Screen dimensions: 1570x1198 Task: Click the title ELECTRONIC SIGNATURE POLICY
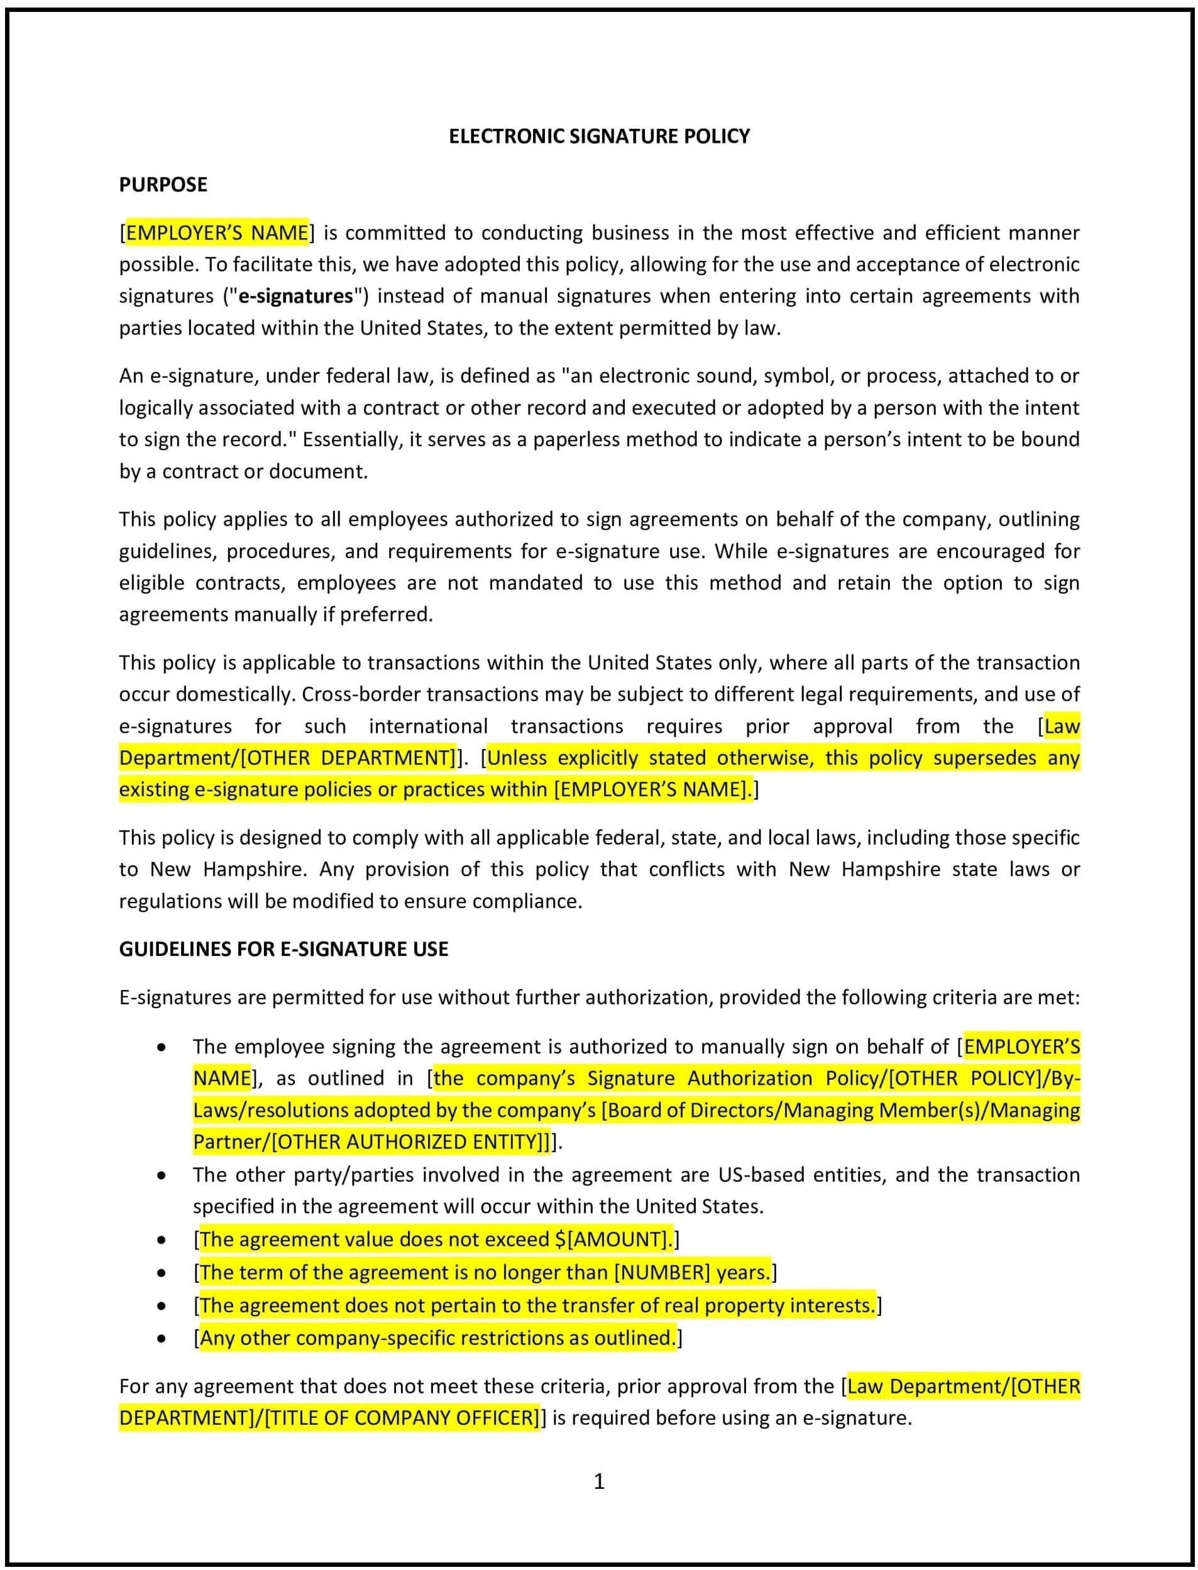[x=599, y=136]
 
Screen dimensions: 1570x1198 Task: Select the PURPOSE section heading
[x=163, y=185]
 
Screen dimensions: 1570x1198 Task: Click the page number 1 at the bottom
[x=599, y=1481]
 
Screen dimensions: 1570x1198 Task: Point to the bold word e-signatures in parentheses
[x=295, y=296]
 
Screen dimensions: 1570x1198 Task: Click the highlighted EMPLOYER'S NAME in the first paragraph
[x=217, y=233]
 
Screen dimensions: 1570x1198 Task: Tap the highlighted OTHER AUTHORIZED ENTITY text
[x=407, y=1141]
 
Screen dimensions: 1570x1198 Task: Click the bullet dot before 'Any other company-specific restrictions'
[x=162, y=1338]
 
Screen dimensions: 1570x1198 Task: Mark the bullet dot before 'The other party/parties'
[x=162, y=1175]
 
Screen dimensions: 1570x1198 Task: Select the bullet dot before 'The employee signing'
[x=162, y=1047]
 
